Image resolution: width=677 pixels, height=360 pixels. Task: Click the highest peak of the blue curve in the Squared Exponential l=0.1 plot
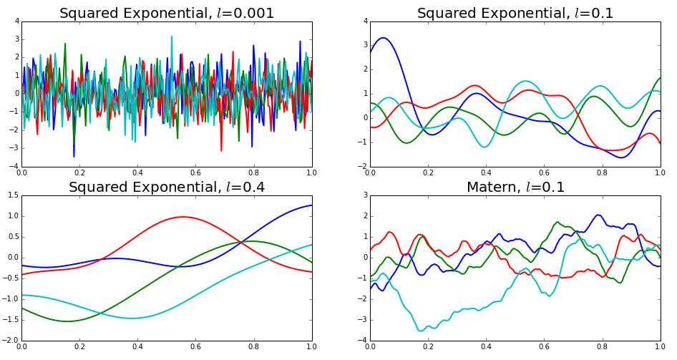(384, 38)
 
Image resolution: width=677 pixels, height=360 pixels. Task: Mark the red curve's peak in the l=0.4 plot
(183, 217)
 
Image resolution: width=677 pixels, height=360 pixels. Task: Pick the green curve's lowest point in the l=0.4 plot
(67, 321)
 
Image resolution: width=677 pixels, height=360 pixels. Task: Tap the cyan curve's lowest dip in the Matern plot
(422, 331)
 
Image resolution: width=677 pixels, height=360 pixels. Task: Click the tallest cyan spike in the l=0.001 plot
(172, 36)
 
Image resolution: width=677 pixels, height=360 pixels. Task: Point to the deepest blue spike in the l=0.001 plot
(74, 157)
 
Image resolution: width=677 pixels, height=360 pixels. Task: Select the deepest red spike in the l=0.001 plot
(221, 151)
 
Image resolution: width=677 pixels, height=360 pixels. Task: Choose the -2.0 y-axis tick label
(9, 341)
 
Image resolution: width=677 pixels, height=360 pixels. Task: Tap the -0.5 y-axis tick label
(9, 278)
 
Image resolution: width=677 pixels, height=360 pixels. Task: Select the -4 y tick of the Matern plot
(361, 341)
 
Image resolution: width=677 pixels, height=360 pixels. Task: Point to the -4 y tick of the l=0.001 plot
(13, 166)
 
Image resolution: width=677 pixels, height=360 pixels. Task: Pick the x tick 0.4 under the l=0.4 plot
(137, 348)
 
